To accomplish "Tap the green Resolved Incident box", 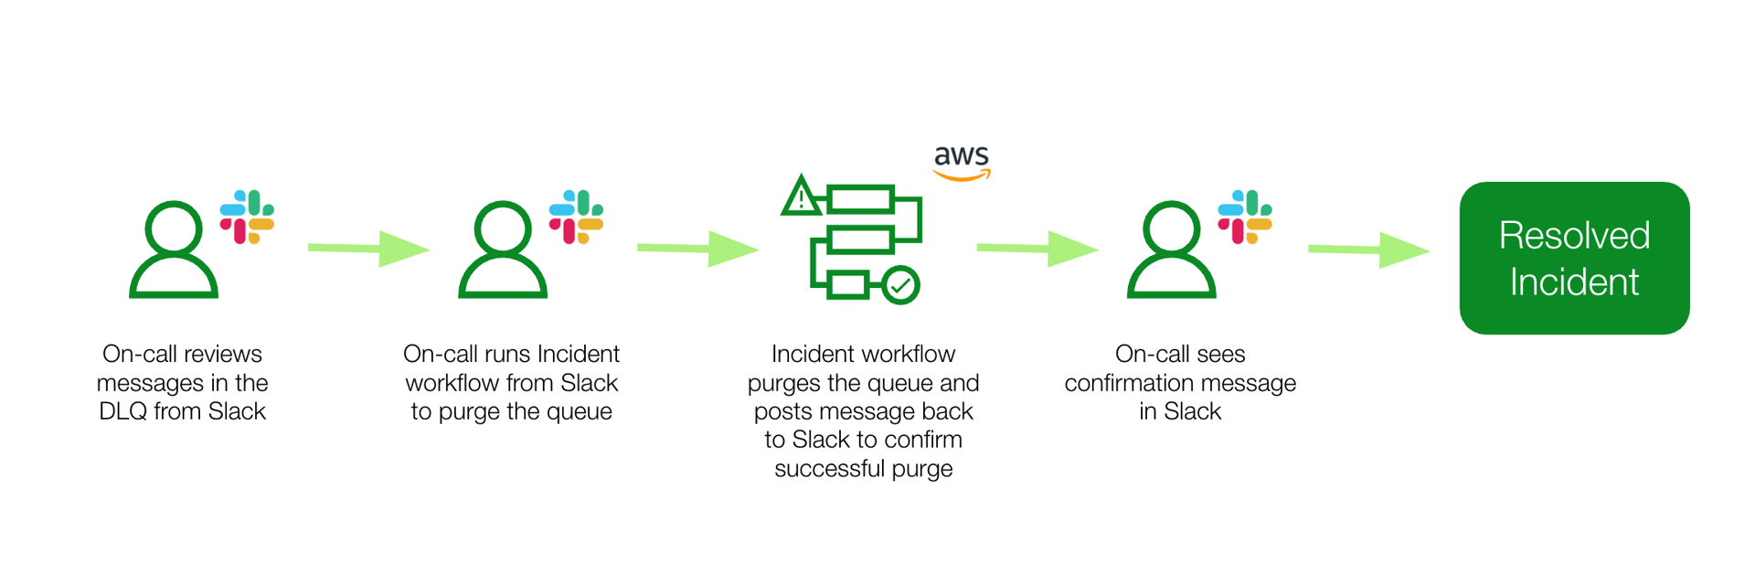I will coord(1573,258).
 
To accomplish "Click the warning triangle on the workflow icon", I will coord(801,196).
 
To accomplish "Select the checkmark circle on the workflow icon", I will coord(900,285).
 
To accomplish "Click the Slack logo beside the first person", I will coord(247,217).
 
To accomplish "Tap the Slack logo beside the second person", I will coord(576,217).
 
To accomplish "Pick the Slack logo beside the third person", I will coord(1245,217).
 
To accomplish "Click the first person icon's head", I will coord(174,228).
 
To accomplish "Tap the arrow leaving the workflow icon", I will coord(1037,249).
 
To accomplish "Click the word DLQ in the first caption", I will coord(122,411).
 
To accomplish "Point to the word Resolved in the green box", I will coord(1573,236).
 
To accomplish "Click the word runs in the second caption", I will coord(509,354).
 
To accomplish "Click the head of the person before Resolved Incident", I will coord(1172,228).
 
